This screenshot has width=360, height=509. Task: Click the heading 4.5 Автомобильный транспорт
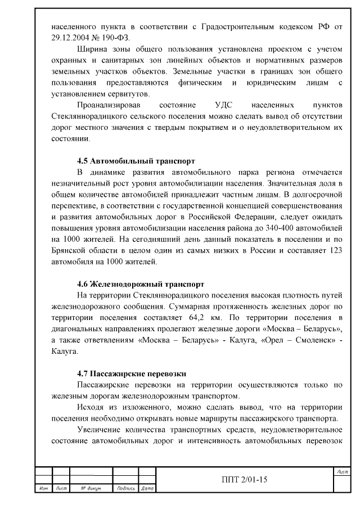(x=136, y=160)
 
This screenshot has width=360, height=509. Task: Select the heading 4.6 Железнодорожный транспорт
(x=140, y=284)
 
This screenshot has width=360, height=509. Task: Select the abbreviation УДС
(x=223, y=105)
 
